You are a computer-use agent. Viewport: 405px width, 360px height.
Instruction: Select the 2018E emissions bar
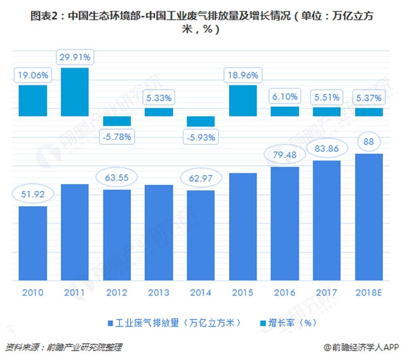(369, 217)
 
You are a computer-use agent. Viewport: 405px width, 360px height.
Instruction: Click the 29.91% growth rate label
(75, 58)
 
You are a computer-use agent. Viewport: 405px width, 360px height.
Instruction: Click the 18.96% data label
(243, 75)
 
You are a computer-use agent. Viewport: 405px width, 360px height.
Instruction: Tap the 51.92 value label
(33, 194)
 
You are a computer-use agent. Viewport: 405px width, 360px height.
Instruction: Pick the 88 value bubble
(369, 142)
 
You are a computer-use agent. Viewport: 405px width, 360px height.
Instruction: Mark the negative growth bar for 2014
(201, 121)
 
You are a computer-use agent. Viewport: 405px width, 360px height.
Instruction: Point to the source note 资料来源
(63, 347)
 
